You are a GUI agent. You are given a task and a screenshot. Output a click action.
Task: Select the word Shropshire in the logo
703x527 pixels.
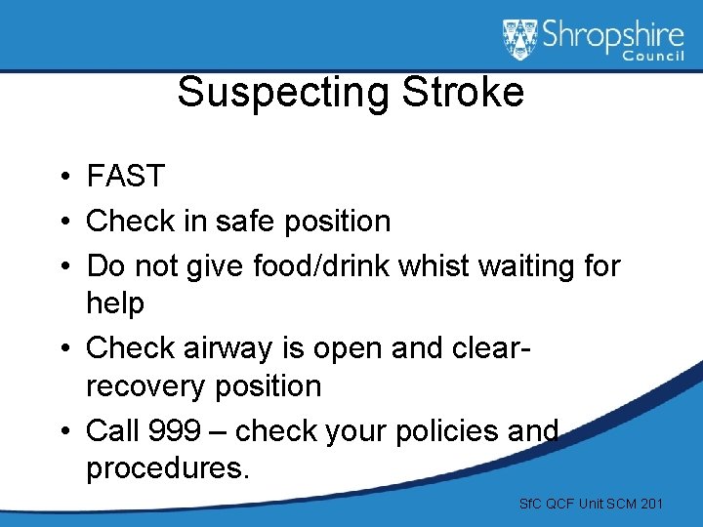pyautogui.click(x=613, y=36)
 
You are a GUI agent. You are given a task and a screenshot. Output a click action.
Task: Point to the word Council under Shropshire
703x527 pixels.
pyautogui.click(x=653, y=58)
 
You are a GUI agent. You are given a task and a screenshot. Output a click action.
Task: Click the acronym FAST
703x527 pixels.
pyautogui.click(x=126, y=177)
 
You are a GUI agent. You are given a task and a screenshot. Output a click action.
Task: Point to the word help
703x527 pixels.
pyautogui.click(x=115, y=304)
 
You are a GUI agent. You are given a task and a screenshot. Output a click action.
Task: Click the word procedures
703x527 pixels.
pyautogui.click(x=168, y=468)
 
